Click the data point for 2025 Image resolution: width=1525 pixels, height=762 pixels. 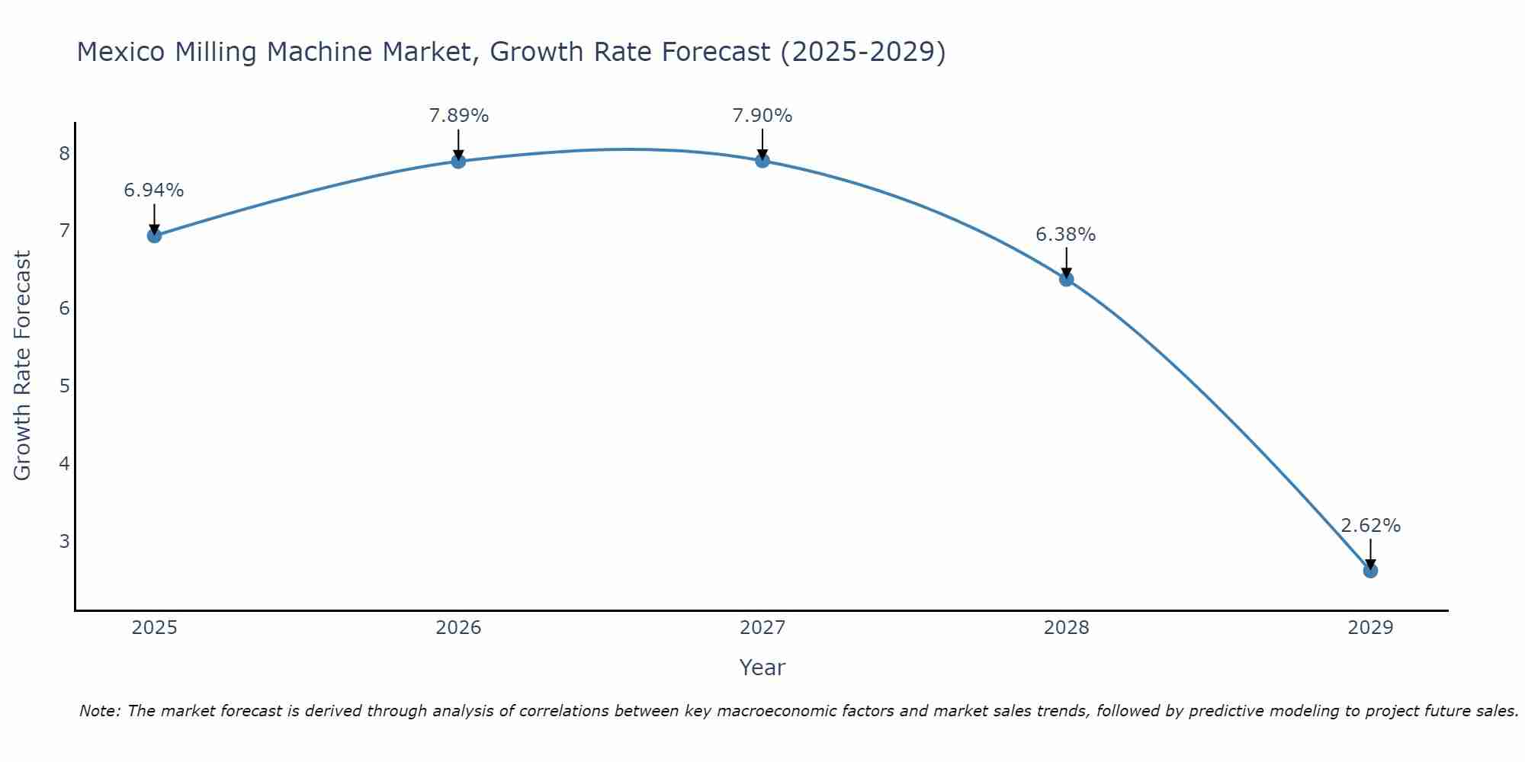(x=154, y=235)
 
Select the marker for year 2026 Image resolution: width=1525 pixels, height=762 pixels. (x=458, y=161)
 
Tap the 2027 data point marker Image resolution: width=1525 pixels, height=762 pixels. (x=762, y=160)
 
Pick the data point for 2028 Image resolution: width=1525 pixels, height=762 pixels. (x=1066, y=279)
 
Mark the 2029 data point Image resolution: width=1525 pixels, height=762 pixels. (x=1370, y=571)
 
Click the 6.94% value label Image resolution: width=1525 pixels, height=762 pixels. (x=154, y=190)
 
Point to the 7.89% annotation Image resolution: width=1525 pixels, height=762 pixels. (x=458, y=116)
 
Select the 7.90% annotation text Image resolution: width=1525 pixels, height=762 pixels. (x=762, y=116)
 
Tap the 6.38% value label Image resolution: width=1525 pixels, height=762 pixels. (x=1066, y=235)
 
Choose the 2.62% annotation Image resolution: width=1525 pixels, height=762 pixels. (x=1370, y=526)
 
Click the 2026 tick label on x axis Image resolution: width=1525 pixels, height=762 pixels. (x=458, y=628)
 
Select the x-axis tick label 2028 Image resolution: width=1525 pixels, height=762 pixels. (x=1066, y=628)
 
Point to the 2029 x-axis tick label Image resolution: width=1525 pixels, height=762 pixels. (x=1370, y=628)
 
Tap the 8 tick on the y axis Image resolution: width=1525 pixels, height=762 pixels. (x=64, y=154)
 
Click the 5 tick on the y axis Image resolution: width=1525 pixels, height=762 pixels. (x=64, y=386)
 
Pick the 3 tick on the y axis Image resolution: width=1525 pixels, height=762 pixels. (x=64, y=541)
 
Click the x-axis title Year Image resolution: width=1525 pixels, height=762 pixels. (x=762, y=668)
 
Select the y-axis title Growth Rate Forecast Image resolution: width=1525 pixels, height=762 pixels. (x=23, y=366)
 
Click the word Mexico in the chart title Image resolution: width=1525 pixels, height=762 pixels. (x=120, y=52)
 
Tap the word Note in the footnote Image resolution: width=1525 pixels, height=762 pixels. (x=99, y=711)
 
